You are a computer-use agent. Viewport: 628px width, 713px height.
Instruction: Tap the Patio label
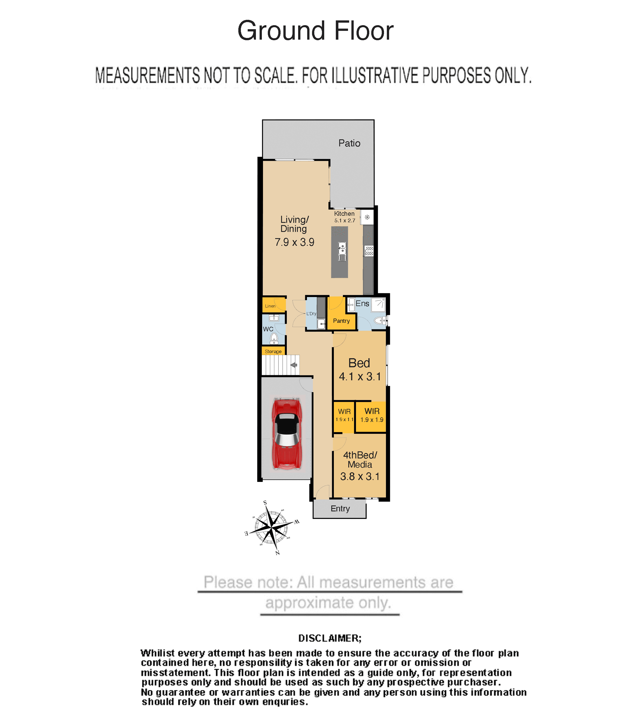(349, 143)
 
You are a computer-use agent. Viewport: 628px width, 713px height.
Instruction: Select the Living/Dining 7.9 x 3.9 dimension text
(294, 242)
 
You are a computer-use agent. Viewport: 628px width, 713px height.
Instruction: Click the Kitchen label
(344, 214)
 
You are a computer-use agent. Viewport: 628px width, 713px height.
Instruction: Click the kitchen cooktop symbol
(369, 251)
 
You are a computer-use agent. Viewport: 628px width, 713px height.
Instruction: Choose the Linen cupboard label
(270, 306)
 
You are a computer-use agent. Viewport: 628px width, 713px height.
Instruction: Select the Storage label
(273, 351)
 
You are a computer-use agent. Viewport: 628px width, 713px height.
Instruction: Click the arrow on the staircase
(294, 365)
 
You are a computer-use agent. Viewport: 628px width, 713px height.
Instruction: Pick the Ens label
(362, 304)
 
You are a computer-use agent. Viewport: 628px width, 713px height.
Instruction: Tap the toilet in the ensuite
(380, 320)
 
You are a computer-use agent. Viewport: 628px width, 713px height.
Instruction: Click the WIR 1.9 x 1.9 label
(372, 415)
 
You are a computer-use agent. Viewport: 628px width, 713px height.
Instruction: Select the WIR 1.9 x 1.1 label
(344, 415)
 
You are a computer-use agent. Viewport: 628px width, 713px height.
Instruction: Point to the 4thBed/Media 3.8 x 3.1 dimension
(360, 476)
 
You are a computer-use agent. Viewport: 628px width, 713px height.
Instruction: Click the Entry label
(340, 509)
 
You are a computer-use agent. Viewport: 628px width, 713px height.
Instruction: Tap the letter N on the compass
(277, 552)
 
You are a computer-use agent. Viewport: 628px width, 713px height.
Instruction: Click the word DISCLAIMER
(330, 638)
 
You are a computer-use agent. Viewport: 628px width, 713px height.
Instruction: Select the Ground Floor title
(315, 31)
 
